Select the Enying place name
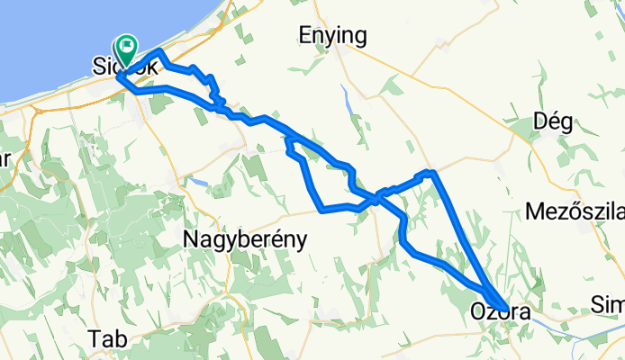[332, 36]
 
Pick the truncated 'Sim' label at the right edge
[609, 304]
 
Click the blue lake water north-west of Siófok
[45, 36]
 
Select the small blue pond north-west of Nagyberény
[199, 182]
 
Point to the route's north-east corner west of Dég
[432, 171]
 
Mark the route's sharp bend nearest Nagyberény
[322, 211]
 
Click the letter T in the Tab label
[95, 339]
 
